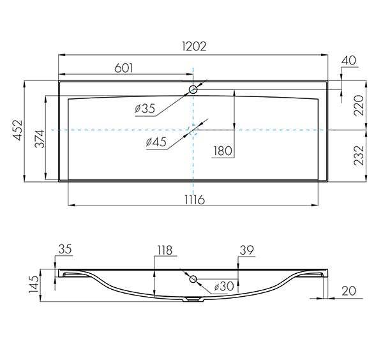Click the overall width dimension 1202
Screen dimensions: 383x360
pyautogui.click(x=194, y=47)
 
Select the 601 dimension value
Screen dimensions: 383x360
pyautogui.click(x=124, y=68)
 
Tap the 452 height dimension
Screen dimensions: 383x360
pyautogui.click(x=19, y=130)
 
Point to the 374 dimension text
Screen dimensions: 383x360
pyautogui.click(x=40, y=139)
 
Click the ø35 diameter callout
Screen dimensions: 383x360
pyautogui.click(x=145, y=109)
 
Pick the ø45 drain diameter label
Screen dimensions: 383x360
pyautogui.click(x=156, y=142)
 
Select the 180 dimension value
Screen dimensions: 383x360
pyautogui.click(x=223, y=151)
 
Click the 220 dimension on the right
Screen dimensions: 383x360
pyautogui.click(x=359, y=105)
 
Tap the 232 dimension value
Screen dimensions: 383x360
pyautogui.click(x=359, y=156)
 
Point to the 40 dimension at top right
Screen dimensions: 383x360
pyautogui.click(x=349, y=61)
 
